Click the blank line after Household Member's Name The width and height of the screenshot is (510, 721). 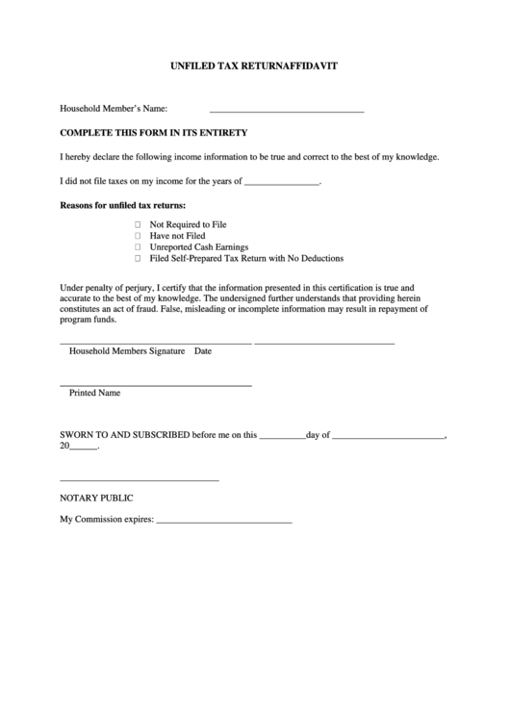click(286, 112)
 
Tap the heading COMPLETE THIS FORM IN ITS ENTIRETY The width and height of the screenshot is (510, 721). click(154, 132)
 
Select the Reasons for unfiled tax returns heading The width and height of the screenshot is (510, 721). click(123, 205)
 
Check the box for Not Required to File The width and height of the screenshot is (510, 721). click(138, 224)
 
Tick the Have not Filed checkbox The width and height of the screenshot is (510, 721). click(138, 236)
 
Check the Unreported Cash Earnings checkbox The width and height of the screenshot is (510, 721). click(138, 247)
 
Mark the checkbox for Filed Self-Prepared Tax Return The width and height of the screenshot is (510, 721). click(138, 259)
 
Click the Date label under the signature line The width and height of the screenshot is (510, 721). click(203, 352)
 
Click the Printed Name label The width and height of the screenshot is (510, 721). click(94, 394)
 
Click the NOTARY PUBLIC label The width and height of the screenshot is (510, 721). click(96, 498)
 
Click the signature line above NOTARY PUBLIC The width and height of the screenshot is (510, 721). click(140, 479)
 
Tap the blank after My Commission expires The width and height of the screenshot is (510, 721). click(223, 522)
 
